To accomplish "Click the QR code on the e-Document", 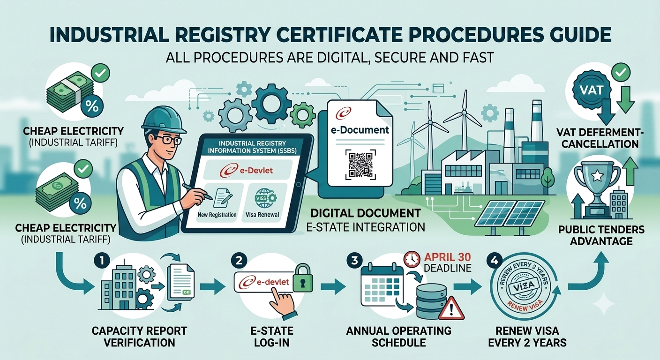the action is pos(360,164).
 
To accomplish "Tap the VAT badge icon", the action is pos(592,90).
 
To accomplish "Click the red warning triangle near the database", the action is pos(451,308).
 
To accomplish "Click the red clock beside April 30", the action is pos(412,259).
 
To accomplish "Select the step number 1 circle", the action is pos(102,261).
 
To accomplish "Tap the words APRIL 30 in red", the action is pos(447,257).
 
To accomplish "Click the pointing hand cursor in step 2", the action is pos(283,302).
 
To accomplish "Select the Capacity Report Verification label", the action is pos(139,337).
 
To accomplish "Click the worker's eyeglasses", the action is pos(168,140).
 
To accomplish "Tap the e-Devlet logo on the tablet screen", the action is pos(246,170).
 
